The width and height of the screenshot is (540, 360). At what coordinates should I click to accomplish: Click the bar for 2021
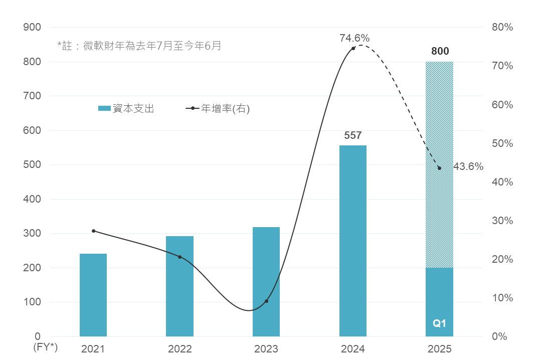(x=93, y=295)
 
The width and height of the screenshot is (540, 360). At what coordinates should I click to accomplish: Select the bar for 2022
(x=179, y=286)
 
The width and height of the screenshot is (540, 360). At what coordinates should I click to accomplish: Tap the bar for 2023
(x=266, y=281)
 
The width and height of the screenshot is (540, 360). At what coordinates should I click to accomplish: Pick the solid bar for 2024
(x=353, y=241)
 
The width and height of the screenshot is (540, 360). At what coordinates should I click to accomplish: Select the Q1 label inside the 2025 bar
(x=439, y=323)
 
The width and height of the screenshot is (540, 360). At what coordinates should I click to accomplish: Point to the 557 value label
(x=353, y=135)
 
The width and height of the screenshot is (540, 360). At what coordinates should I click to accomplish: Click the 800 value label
(x=440, y=51)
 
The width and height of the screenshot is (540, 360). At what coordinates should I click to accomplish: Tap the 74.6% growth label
(x=354, y=38)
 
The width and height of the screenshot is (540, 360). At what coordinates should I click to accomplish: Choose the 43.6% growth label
(x=468, y=166)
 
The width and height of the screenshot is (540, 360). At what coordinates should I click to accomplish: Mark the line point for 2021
(x=93, y=231)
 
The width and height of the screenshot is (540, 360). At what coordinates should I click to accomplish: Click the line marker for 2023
(x=266, y=301)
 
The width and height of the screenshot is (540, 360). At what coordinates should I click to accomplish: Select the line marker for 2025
(x=440, y=168)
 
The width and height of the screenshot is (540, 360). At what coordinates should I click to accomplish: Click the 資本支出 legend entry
(x=126, y=108)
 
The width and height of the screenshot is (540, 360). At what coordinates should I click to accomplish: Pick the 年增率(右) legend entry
(x=218, y=108)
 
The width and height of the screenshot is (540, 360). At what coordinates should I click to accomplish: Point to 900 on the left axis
(x=32, y=28)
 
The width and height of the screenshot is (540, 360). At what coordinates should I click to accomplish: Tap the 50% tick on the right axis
(x=502, y=143)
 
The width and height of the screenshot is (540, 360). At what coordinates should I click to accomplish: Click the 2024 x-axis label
(x=353, y=349)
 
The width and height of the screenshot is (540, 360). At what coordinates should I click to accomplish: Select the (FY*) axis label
(x=46, y=347)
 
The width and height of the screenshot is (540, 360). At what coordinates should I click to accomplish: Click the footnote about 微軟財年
(x=139, y=46)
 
